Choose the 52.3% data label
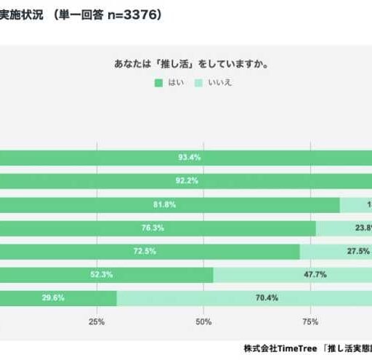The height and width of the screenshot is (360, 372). pyautogui.click(x=102, y=275)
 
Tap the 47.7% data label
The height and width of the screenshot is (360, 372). pyautogui.click(x=315, y=275)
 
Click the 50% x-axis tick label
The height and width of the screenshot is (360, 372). pyautogui.click(x=203, y=321)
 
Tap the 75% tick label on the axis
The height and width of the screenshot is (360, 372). pyautogui.click(x=310, y=321)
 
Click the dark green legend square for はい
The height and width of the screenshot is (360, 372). pyautogui.click(x=158, y=83)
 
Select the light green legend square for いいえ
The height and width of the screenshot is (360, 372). pyautogui.click(x=199, y=83)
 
